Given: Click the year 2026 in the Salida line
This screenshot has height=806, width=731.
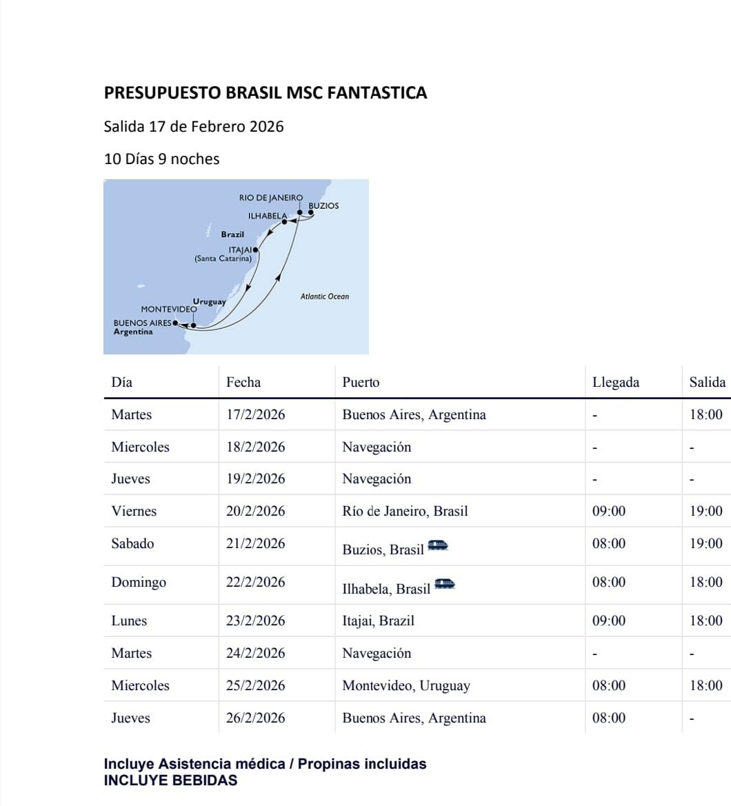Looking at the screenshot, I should tap(266, 127).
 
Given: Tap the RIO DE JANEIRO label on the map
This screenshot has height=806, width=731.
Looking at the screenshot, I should tap(270, 198).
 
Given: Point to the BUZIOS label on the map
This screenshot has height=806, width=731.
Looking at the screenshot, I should tap(323, 205).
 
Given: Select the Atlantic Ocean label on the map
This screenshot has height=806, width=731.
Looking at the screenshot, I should tap(324, 296).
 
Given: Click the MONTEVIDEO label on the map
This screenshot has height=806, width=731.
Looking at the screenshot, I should tap(169, 310).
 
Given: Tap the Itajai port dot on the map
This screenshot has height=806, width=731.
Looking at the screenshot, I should tap(256, 250).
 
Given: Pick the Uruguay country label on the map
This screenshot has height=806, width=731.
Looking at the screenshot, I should tap(210, 302).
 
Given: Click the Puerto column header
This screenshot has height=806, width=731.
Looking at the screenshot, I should tap(361, 382).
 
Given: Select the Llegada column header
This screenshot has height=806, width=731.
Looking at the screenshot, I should tap(615, 382).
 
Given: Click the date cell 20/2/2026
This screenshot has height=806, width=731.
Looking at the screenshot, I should tap(255, 511).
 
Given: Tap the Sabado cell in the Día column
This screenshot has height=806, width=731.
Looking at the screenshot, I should tap(132, 543).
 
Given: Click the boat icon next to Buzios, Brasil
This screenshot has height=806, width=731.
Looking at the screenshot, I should tap(438, 545).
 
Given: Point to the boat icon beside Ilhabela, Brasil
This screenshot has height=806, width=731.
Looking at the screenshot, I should tap(445, 585).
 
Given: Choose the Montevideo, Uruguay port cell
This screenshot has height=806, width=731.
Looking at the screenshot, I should tap(406, 685).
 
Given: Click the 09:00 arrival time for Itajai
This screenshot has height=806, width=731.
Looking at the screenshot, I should tap(609, 621).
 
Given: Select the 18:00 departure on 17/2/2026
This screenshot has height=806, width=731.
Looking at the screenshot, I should tap(706, 414).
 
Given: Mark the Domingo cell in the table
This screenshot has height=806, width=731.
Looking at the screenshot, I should tap(139, 582).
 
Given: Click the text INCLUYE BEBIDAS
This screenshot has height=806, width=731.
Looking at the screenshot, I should tap(170, 780).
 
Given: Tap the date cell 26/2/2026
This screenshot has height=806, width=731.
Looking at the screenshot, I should tap(255, 718).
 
